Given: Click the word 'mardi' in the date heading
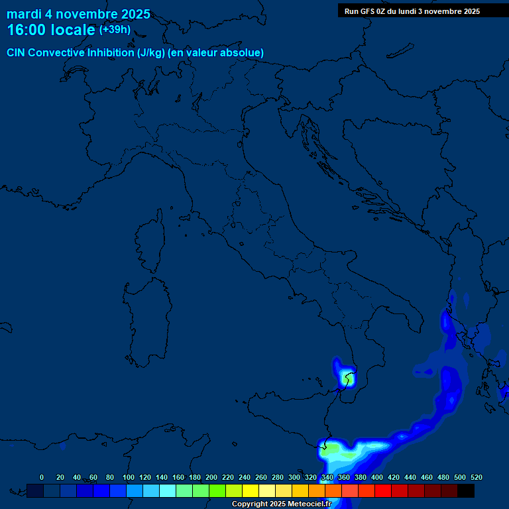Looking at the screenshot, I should pos(24,14).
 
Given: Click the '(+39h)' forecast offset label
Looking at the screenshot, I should pos(115,30).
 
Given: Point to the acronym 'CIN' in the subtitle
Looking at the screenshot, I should pos(17,52).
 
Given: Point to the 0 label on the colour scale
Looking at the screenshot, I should pos(42,477).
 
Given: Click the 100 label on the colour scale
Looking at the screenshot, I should pos(129,477).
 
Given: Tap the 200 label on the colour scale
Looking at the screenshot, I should pos(211,477).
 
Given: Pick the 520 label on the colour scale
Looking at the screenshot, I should pos(476,477).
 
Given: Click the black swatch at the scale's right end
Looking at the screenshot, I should pos(466,490).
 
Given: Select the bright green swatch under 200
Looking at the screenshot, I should pos(217,490).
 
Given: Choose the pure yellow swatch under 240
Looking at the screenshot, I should pos(251,490).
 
